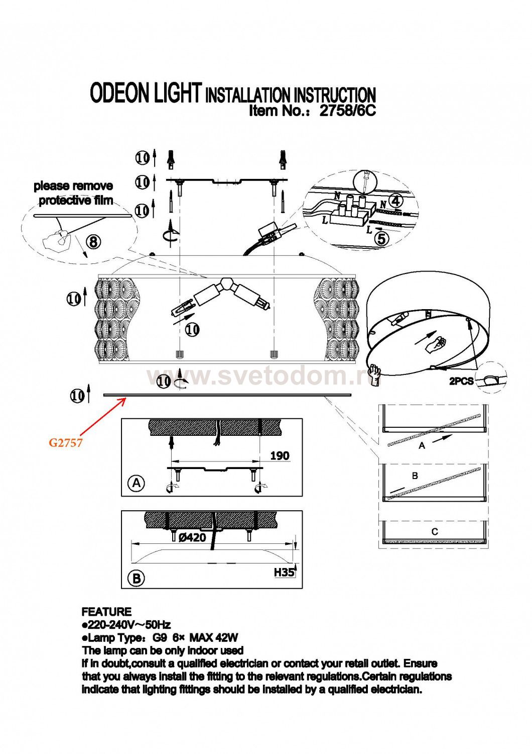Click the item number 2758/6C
tap(347, 111)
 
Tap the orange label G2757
tap(65, 443)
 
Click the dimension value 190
tap(280, 455)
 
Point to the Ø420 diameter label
tap(192, 537)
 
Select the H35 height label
tap(284, 572)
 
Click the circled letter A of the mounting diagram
tap(137, 484)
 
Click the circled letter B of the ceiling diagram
tap(137, 578)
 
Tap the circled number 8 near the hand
tap(94, 242)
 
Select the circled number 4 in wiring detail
tap(395, 201)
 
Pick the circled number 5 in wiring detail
tap(381, 239)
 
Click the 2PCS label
tap(461, 382)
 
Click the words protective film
tap(76, 201)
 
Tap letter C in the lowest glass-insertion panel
tap(435, 531)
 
